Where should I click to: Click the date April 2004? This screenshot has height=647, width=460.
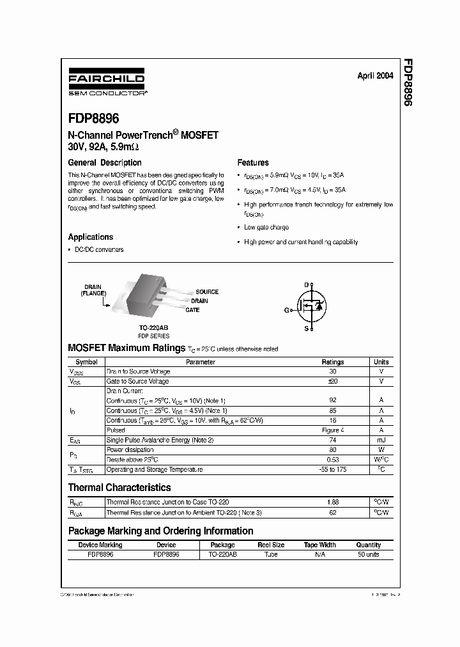(375, 75)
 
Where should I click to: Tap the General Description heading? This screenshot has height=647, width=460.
(105, 162)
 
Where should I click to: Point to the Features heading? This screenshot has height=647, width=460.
(253, 162)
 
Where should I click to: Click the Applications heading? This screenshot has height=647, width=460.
(91, 237)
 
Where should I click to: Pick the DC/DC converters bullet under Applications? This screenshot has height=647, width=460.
(99, 249)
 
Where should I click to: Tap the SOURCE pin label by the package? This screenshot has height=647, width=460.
(207, 292)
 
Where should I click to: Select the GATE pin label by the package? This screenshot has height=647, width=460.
(192, 310)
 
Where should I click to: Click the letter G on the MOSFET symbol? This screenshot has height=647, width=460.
(287, 309)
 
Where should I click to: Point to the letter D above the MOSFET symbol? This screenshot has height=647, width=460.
(306, 284)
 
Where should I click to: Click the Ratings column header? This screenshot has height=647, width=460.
(332, 362)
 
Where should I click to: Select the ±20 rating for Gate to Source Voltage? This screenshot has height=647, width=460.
(332, 381)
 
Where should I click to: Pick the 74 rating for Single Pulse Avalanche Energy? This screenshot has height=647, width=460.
(332, 440)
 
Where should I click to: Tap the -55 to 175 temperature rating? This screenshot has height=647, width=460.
(332, 469)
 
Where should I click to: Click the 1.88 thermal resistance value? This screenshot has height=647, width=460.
(332, 503)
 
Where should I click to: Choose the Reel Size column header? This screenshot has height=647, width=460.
(271, 545)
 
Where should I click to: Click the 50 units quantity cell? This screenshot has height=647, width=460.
(368, 554)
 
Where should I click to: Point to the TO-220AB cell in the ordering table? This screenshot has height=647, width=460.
(222, 554)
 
